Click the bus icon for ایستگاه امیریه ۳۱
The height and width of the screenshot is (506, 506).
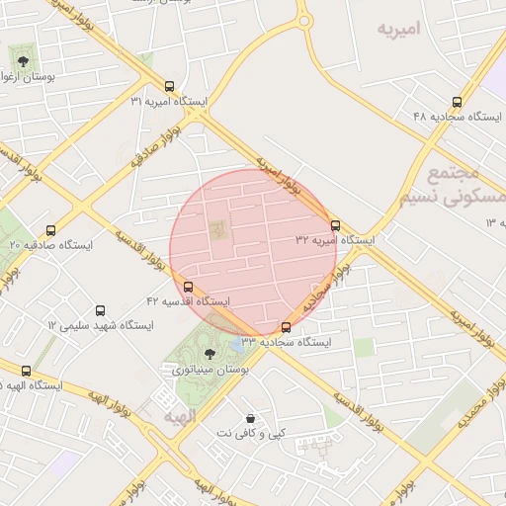tap(170, 86)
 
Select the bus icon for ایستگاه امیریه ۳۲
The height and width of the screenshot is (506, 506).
tap(336, 225)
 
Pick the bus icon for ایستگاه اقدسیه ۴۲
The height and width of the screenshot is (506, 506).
tap(189, 286)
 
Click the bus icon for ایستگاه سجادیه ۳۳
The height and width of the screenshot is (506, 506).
tap(287, 326)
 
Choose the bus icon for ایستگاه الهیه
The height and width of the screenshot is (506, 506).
tap(26, 371)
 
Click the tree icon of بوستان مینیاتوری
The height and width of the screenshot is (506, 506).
tap(209, 353)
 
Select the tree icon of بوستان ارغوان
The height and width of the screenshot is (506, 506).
tap(23, 60)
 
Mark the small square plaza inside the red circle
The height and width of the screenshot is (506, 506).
tap(217, 229)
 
